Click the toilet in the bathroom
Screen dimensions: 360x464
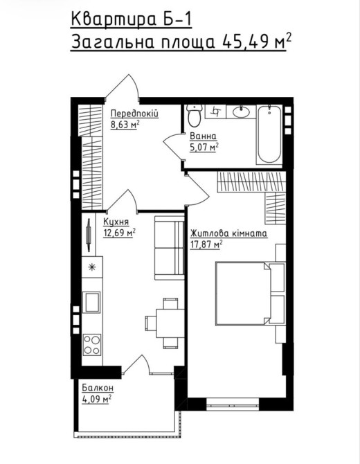tap(194, 116)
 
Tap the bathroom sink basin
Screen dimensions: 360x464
tap(241, 112)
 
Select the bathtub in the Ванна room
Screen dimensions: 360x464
tap(269, 134)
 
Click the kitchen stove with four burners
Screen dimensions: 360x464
tap(91, 345)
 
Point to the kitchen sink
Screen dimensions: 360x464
tap(91, 302)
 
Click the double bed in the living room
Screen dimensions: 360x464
tap(242, 293)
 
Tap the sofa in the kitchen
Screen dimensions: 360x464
tap(169, 248)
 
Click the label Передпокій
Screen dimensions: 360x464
tap(134, 114)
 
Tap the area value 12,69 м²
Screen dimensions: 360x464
tap(119, 233)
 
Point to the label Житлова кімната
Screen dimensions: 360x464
tap(228, 233)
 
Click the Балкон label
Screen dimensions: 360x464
tap(98, 387)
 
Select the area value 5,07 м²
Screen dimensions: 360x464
tap(204, 147)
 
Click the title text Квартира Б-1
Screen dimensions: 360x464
tap(132, 20)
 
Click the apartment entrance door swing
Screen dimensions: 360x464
tap(123, 87)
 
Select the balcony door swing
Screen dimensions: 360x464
tap(136, 364)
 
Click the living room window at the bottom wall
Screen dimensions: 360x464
tap(233, 404)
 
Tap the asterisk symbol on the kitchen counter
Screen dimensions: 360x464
tap(92, 267)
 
